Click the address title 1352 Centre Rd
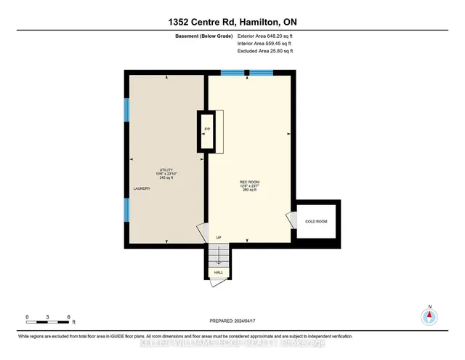pos(232,20)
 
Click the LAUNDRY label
pos(142,189)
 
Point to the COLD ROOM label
pos(316,220)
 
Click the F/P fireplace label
pos(207,129)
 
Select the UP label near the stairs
pos(218,238)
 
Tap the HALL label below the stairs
pos(218,273)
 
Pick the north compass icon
pos(429,316)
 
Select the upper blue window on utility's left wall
pos(126,110)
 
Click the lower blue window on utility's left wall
pos(126,210)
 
